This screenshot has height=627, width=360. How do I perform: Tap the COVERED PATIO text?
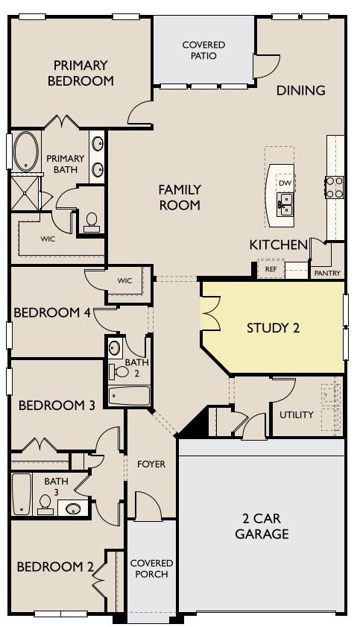point(203,50)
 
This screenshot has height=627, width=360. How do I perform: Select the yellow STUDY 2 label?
point(273,327)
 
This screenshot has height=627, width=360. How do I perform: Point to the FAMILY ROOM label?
point(179,198)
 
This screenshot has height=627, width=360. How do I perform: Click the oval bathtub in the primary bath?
point(25,151)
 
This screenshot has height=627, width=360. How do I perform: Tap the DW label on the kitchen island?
point(284,183)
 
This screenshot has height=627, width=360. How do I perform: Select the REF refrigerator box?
point(270,270)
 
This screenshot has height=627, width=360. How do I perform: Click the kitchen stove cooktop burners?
point(334,186)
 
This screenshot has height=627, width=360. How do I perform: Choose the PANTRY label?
point(326,274)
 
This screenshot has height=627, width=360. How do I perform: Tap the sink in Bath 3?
point(72,508)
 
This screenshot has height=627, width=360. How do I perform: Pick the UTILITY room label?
point(296,415)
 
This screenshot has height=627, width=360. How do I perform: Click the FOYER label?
point(151,464)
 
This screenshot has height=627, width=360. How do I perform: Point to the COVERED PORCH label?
point(151,569)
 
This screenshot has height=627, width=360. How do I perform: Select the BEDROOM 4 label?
point(52,313)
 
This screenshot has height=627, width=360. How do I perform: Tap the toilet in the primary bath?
point(92,221)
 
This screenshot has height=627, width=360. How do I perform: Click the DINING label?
point(300,91)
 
